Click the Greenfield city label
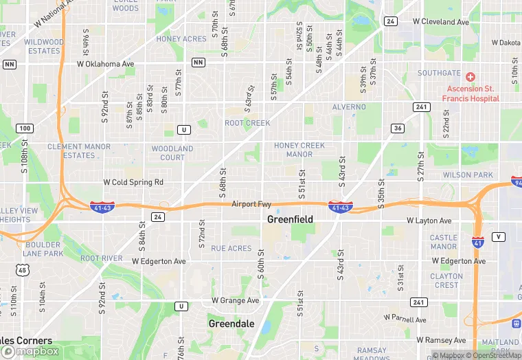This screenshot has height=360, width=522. point(290,219)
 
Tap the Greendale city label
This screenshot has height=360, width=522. point(231,323)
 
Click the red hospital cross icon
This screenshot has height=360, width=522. point(470,77)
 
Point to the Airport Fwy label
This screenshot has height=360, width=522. point(251,204)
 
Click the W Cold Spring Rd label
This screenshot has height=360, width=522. point(133,182)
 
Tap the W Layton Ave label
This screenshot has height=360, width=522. point(429,221)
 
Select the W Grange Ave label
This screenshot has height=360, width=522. point(236,300)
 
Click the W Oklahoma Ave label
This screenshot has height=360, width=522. point(105,64)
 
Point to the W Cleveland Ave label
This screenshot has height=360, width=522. point(441,22)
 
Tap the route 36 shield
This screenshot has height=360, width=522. point(398,128)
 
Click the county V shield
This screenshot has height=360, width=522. point(499,236)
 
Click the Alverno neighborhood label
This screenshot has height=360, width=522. point(349,107)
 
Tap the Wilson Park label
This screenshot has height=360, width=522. point(468,175)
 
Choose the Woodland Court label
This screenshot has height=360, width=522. point(172,153)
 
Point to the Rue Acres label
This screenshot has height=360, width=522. point(231,248)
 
